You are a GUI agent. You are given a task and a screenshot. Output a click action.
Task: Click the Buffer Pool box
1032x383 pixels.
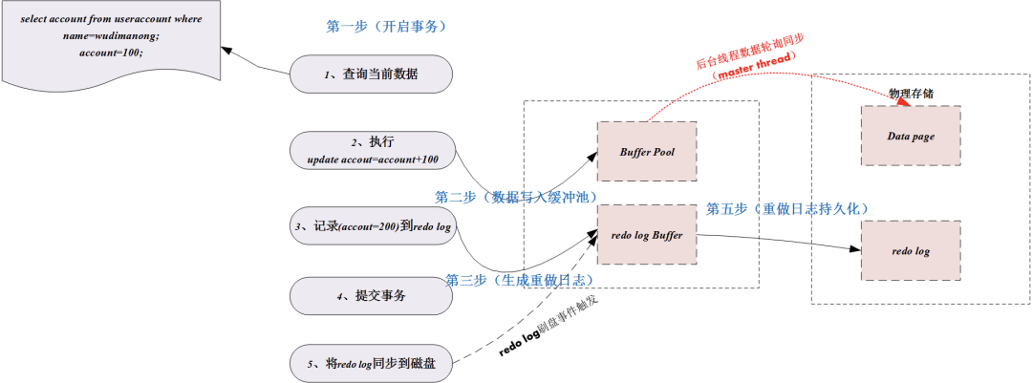point(646,151)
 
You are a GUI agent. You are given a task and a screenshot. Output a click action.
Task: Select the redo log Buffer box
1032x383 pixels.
point(646,235)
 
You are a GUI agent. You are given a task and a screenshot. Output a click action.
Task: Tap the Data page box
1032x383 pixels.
point(911,137)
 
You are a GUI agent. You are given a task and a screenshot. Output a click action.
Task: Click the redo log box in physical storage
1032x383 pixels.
point(911,251)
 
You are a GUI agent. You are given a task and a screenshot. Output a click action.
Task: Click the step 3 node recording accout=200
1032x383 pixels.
point(371,225)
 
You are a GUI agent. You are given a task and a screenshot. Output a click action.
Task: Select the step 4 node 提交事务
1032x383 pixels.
point(371,296)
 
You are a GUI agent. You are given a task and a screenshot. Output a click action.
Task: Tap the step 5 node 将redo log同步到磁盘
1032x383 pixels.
point(371,363)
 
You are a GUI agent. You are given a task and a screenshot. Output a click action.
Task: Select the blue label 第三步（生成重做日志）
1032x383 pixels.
point(520,280)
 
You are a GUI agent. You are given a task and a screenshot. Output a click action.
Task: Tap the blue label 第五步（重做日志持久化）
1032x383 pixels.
point(787,208)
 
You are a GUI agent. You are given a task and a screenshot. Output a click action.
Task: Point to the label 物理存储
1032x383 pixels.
point(911,93)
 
